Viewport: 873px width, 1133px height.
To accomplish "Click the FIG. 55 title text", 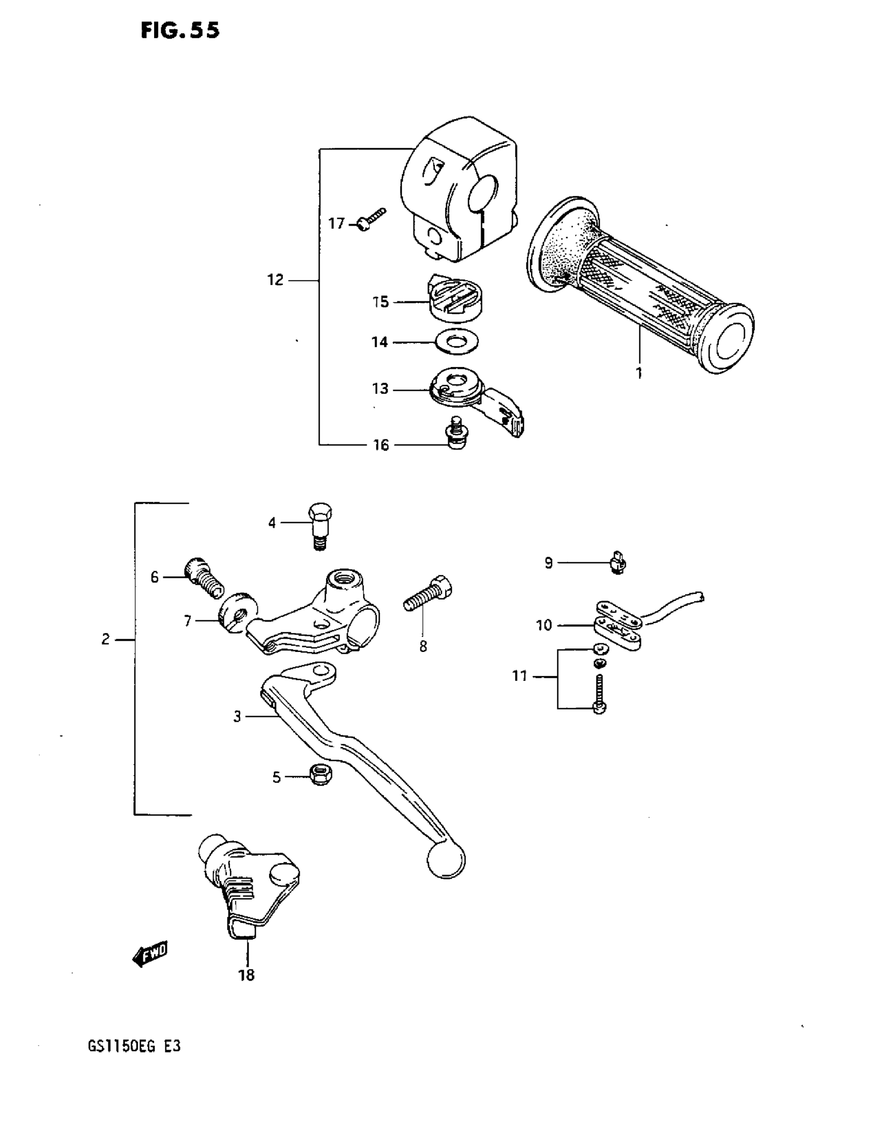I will tap(180, 31).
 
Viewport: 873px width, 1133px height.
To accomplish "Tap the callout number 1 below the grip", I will tap(639, 373).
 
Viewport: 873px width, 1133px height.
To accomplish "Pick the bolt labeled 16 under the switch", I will tap(456, 435).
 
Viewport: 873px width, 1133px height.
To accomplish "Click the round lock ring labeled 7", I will tap(238, 612).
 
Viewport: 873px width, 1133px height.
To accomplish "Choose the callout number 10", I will tap(543, 626).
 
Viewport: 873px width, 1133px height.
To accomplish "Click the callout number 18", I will tap(246, 975).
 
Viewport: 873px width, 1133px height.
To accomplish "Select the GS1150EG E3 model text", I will tap(134, 1046).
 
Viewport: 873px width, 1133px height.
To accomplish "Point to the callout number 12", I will tap(275, 280).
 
